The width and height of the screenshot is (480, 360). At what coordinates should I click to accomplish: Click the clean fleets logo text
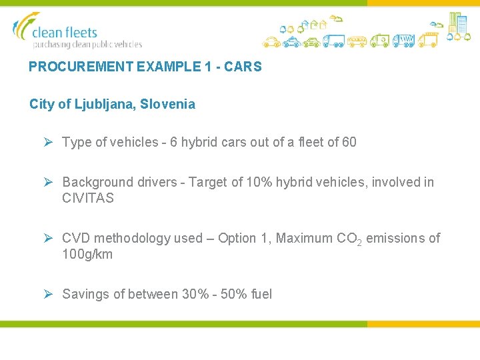[65, 31]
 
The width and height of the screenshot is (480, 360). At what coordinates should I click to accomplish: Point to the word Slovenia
[172, 104]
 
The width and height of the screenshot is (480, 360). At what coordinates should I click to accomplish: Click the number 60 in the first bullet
[349, 142]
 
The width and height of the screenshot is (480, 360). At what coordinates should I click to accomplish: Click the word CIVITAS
[88, 198]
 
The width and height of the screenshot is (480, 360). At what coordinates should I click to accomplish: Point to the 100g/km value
[87, 254]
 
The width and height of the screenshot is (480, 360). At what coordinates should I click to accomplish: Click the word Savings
[87, 294]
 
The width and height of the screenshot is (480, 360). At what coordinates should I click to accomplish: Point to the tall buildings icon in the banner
[457, 23]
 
